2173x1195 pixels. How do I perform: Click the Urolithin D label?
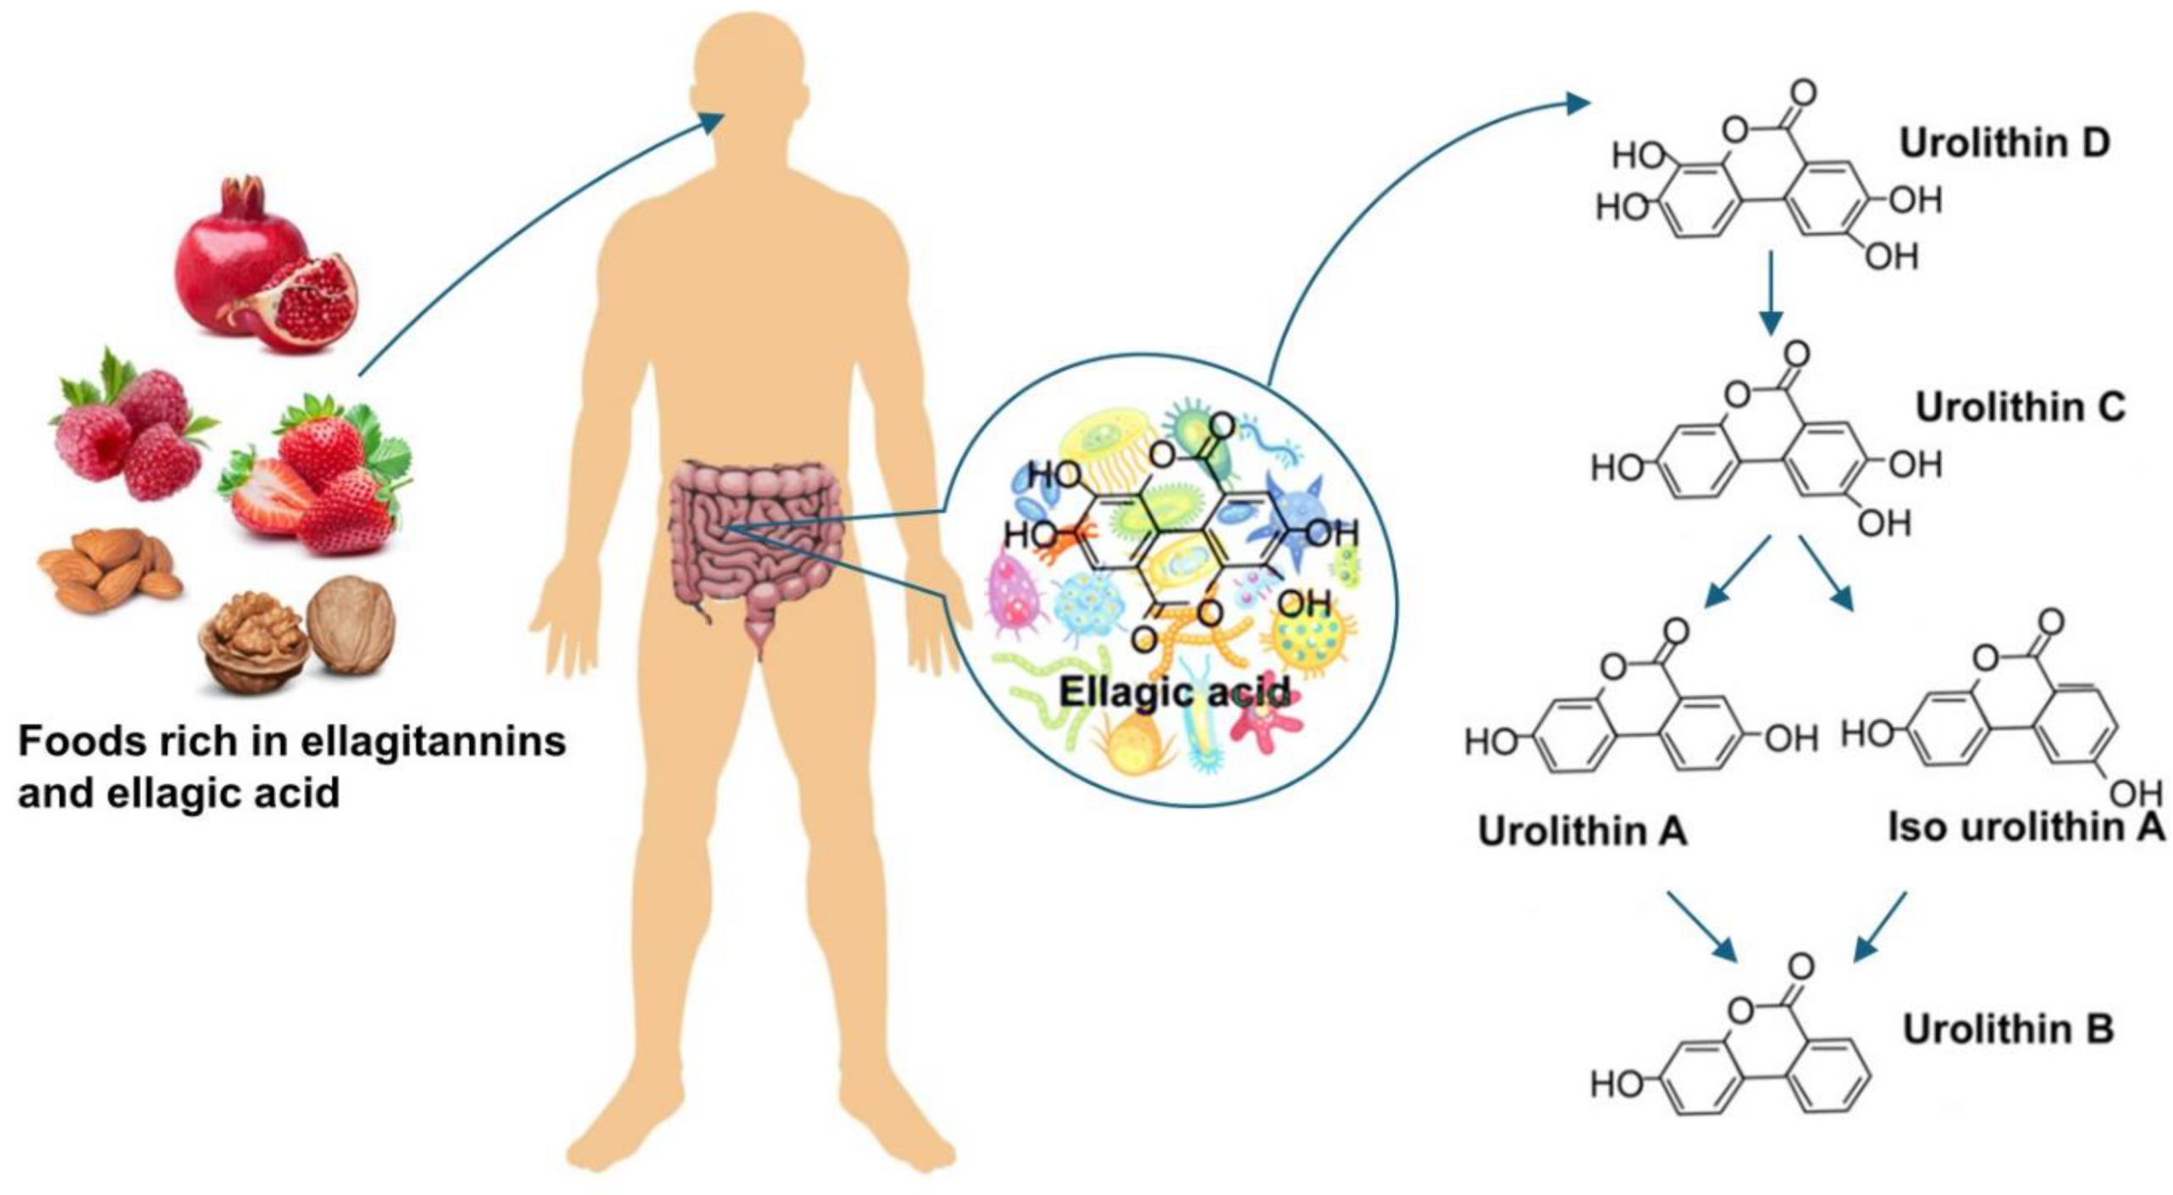(x=2004, y=143)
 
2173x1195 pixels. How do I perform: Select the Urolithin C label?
(x=2021, y=407)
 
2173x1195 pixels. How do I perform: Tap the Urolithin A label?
(x=1582, y=831)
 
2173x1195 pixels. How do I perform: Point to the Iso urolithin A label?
(x=2026, y=827)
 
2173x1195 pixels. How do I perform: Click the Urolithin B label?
(x=2008, y=1029)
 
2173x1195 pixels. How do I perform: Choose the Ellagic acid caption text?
(x=1175, y=692)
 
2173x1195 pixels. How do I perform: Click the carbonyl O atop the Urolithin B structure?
(x=1801, y=965)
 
